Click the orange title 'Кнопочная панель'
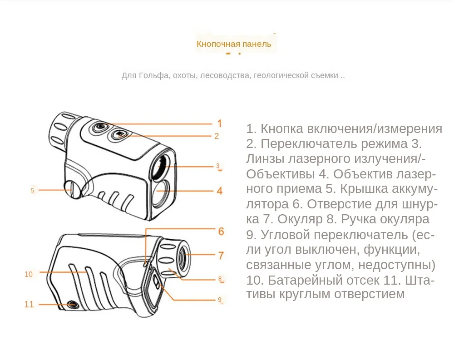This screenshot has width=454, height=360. (x=234, y=44)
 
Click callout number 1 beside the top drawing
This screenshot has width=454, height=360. (x=219, y=123)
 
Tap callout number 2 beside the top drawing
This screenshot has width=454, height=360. (x=217, y=136)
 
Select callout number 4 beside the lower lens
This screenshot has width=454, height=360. (x=219, y=191)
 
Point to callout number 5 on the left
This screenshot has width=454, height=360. (x=32, y=191)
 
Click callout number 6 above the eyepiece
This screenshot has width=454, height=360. (x=221, y=232)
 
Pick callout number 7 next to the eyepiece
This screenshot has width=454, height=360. (x=221, y=256)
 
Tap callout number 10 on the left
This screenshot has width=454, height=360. (x=29, y=274)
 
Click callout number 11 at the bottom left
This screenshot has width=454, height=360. (x=29, y=304)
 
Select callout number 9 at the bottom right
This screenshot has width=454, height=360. (x=219, y=300)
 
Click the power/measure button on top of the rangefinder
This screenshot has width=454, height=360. (x=99, y=127)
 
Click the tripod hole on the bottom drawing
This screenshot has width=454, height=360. (x=71, y=304)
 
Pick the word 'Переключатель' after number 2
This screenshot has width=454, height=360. (x=309, y=144)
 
